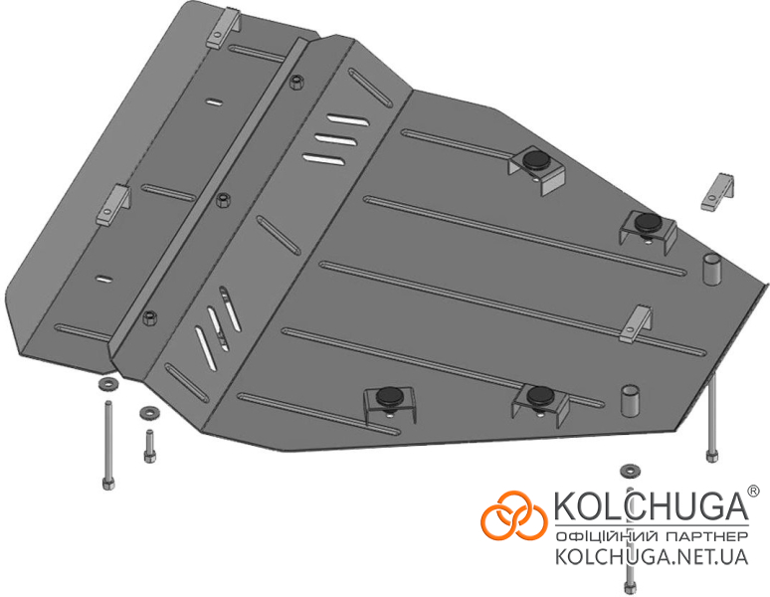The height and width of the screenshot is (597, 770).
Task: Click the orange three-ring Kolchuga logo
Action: click(x=513, y=515)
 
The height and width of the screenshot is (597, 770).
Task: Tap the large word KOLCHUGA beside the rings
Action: click(x=652, y=505)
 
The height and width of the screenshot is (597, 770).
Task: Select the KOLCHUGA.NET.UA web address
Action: click(x=652, y=557)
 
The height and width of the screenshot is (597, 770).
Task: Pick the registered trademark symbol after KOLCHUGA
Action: click(x=753, y=491)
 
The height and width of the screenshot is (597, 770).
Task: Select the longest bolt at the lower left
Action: click(x=108, y=445)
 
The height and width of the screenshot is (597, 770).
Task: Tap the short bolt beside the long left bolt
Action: click(x=149, y=446)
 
